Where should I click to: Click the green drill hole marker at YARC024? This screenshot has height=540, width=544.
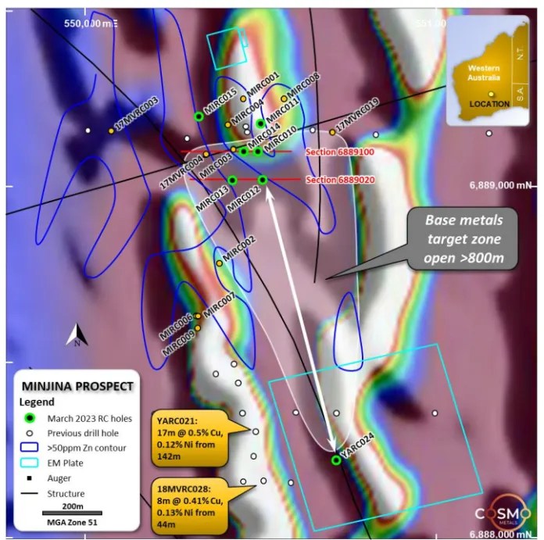336,460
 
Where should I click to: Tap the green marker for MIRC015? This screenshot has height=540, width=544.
199,116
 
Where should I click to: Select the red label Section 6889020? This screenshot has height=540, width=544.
340,180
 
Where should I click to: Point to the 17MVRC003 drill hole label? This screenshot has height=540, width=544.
138,114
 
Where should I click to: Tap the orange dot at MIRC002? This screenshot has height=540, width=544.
220,263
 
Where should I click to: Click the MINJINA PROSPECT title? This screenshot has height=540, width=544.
77,386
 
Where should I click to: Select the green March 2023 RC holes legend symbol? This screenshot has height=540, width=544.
30,419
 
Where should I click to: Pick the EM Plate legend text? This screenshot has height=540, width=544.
66,462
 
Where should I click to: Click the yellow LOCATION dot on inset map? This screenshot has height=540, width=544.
491,94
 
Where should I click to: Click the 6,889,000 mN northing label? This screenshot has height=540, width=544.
499,185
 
